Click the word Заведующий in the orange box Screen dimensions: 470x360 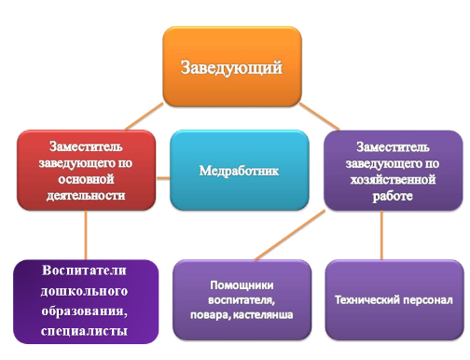point(231,68)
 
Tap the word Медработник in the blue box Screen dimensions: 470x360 point(239,171)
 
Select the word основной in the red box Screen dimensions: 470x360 point(86,179)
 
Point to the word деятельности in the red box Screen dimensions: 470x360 point(86,196)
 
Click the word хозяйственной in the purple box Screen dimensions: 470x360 point(393,180)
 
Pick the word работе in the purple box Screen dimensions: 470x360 point(393,196)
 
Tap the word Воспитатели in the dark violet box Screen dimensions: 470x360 point(84,270)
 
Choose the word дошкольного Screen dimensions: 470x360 point(84,291)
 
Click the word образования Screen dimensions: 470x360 point(84,312)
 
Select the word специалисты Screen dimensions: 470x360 point(84,331)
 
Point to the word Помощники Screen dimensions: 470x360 point(242,285)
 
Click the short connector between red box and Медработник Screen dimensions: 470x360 point(163,178)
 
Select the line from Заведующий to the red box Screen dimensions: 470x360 point(144,117)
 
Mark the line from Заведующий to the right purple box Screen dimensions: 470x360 point(319,117)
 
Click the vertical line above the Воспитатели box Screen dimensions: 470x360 point(86,235)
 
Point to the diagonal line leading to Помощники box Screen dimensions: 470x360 point(290,235)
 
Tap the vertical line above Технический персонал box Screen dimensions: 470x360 point(381,235)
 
